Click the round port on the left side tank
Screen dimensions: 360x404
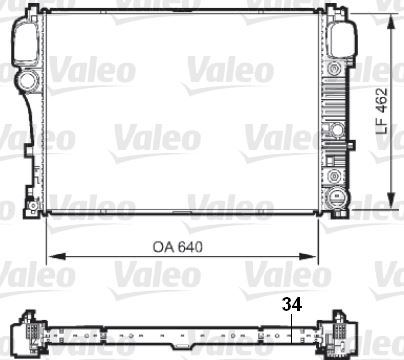coord(24,80)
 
